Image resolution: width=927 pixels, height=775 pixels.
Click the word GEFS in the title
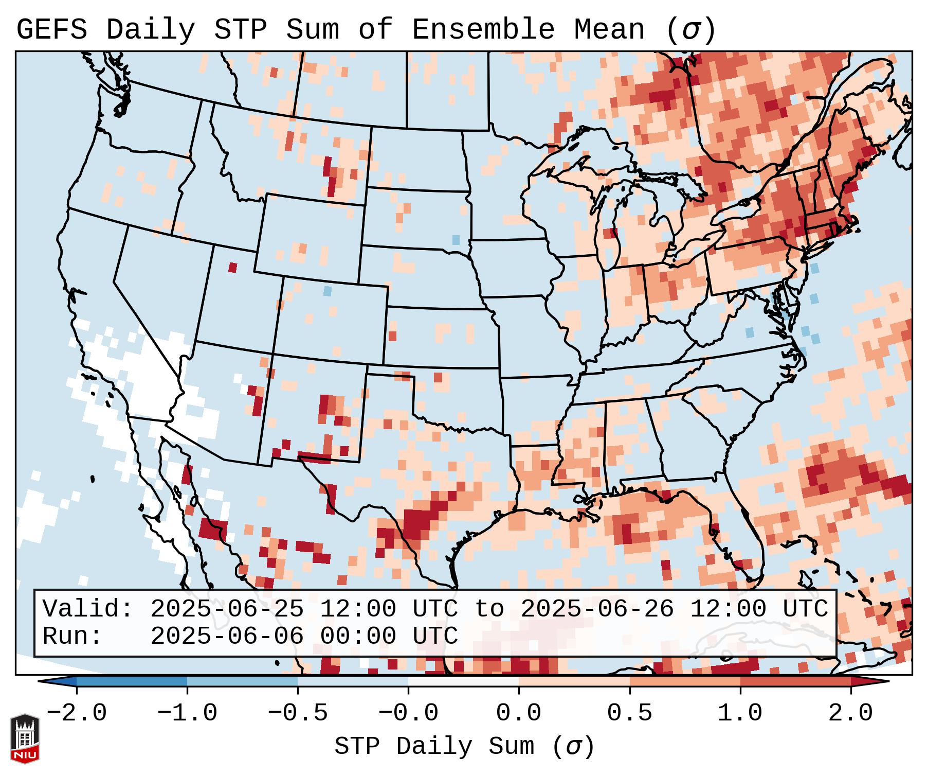[51, 30]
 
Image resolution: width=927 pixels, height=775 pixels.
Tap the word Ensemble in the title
[483, 30]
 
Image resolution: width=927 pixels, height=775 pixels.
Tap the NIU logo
[25, 738]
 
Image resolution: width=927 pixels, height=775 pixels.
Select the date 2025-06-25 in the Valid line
[227, 609]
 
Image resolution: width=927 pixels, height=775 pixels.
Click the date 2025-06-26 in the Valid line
[597, 609]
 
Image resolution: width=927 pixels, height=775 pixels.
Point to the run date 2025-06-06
[227, 637]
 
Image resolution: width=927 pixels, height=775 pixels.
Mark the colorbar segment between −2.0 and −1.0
[132, 681]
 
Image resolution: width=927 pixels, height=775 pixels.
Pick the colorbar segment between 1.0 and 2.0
[795, 681]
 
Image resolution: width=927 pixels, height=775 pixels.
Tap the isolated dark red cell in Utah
[232, 268]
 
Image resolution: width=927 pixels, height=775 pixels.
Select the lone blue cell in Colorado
[327, 291]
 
